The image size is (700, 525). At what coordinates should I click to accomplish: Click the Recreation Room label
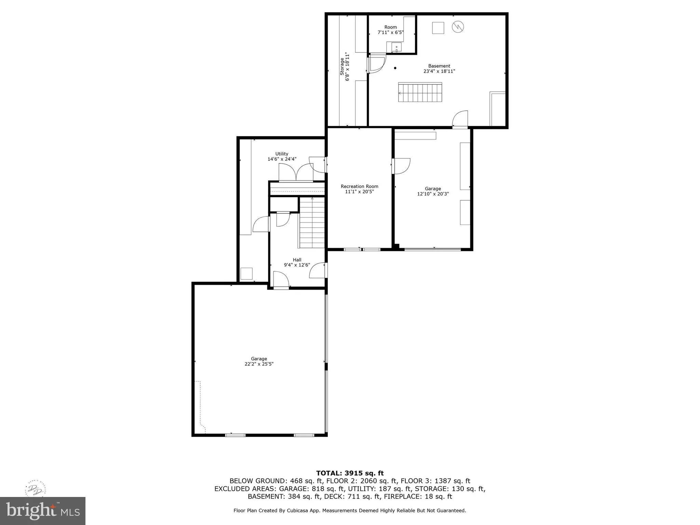click(359, 186)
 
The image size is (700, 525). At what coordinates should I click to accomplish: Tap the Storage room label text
click(342, 66)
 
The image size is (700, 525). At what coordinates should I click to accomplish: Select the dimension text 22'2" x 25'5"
click(259, 364)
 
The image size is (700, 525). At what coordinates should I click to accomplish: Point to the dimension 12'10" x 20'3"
click(433, 194)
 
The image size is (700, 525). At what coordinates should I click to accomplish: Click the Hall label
click(297, 260)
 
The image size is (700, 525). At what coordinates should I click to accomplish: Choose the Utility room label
click(282, 154)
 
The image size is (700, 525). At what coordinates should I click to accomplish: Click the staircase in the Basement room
click(420, 93)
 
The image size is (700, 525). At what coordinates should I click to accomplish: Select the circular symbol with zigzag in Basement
click(458, 27)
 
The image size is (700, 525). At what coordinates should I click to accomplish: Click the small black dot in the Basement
click(395, 68)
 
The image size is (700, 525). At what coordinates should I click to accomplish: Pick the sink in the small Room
click(396, 48)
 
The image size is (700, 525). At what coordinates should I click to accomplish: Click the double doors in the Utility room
click(296, 173)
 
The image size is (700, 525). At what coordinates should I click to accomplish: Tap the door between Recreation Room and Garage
click(401, 166)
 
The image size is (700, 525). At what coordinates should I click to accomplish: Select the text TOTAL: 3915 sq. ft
click(350, 473)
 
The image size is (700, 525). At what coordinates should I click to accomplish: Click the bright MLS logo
click(42, 511)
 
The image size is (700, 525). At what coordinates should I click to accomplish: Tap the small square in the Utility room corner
click(246, 274)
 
